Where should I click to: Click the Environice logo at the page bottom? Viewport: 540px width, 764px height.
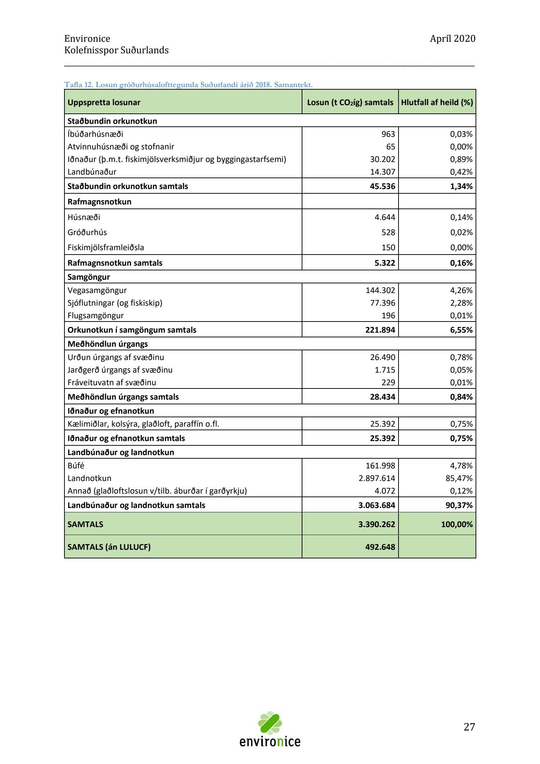click(270, 731)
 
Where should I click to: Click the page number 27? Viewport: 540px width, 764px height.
click(469, 727)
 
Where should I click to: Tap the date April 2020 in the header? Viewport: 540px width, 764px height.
click(453, 39)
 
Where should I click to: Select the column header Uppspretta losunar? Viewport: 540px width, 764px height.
click(104, 102)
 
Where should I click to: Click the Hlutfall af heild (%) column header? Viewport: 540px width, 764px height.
click(437, 102)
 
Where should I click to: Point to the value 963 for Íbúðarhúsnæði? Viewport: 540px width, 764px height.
click(388, 134)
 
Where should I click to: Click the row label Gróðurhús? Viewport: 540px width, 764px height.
click(87, 232)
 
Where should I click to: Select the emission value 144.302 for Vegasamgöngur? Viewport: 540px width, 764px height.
click(380, 290)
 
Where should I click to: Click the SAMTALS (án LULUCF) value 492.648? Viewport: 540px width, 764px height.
click(380, 547)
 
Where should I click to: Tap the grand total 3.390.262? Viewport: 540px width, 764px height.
click(377, 524)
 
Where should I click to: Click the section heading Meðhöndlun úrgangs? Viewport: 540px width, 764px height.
click(108, 344)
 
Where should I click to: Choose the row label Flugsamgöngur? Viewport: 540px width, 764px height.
click(95, 315)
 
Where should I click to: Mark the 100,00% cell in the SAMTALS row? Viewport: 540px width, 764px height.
click(456, 524)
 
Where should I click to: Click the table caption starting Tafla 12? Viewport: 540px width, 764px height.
click(188, 85)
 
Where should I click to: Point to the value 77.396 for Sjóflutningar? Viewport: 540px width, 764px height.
click(382, 303)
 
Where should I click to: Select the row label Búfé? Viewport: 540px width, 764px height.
click(76, 466)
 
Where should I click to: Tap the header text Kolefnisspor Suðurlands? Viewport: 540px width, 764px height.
click(116, 50)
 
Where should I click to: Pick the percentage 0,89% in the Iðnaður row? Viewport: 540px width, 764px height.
click(461, 159)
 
